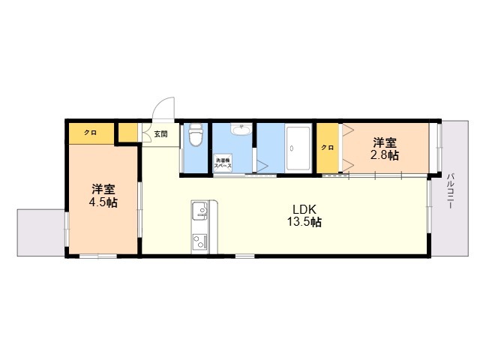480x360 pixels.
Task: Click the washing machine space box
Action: pyautogui.click(x=223, y=162)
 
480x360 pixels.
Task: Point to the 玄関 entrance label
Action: pyautogui.click(x=160, y=134)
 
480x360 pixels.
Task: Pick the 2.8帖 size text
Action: pyautogui.click(x=384, y=155)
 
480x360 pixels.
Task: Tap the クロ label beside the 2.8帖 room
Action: pyautogui.click(x=328, y=148)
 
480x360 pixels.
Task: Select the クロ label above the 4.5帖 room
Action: pyautogui.click(x=90, y=133)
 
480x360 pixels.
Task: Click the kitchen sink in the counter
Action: pyautogui.click(x=199, y=211)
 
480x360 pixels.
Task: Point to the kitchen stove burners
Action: pyautogui.click(x=199, y=242)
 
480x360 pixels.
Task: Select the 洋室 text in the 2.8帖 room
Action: pyautogui.click(x=385, y=142)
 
